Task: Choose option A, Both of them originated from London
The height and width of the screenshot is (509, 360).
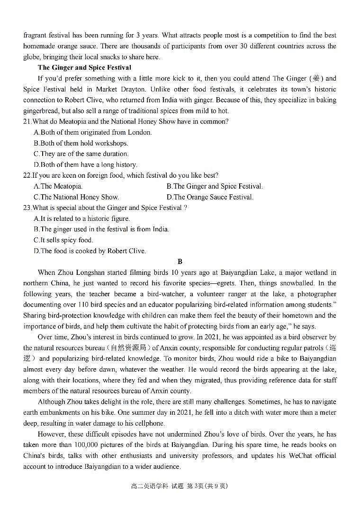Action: [x=93, y=133]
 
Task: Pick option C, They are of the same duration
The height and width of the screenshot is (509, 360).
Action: [x=81, y=154]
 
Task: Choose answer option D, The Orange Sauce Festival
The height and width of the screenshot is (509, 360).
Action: [x=210, y=197]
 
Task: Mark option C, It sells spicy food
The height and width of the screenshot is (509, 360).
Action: [x=63, y=240]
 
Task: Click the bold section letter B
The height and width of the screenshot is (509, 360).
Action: [x=180, y=262]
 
